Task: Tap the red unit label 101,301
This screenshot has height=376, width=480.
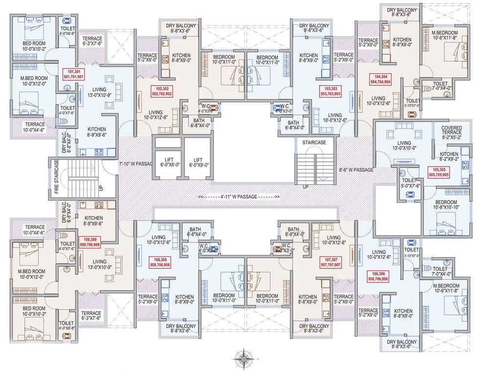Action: click(74, 74)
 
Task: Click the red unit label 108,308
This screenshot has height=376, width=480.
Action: click(160, 261)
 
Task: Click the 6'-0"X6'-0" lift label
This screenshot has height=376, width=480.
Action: click(168, 163)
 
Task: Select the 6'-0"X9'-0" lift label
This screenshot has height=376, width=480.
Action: click(198, 163)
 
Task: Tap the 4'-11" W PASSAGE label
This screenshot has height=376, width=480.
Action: click(239, 197)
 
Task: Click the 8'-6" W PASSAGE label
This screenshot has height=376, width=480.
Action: click(356, 170)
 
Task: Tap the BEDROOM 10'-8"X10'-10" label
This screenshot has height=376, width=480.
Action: click(446, 205)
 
